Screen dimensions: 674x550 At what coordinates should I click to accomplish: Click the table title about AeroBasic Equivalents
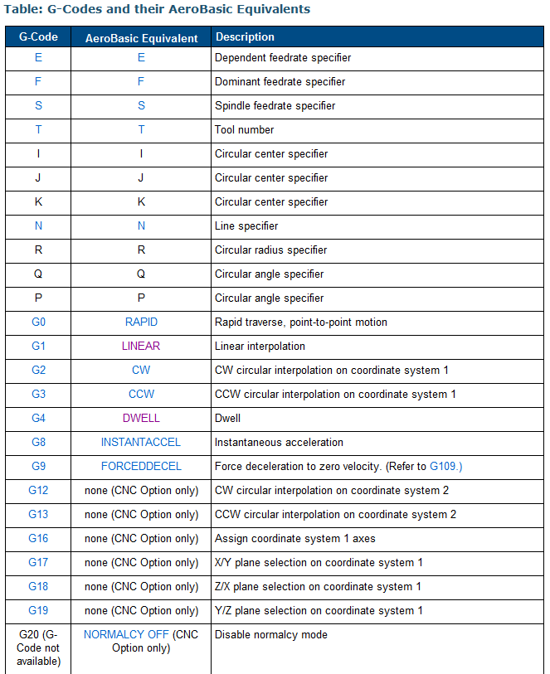coord(158,10)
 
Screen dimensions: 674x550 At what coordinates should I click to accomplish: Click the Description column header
coord(245,37)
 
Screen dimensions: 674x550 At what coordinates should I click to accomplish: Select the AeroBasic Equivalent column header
coord(141,38)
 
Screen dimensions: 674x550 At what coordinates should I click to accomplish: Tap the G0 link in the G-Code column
coord(38,322)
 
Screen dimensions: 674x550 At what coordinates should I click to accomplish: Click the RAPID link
coord(141,322)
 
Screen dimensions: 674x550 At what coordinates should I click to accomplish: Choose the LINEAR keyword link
coord(141,346)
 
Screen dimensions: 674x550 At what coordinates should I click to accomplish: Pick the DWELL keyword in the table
coord(141,418)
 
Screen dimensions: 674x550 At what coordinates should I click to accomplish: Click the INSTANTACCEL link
coord(141,442)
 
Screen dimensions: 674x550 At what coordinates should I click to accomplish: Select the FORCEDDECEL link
coord(141,466)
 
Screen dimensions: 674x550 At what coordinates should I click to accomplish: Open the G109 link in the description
coord(445,466)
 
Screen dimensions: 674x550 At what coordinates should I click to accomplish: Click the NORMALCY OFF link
coord(126,634)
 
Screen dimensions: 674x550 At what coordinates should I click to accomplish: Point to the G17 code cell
coord(38,562)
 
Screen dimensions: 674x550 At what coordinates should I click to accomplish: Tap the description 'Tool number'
coord(244,129)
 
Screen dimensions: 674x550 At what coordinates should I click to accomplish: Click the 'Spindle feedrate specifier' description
coord(275,105)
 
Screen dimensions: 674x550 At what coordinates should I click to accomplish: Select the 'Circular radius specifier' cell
coord(270,250)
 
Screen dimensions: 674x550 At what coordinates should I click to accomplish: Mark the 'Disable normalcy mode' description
coord(270,634)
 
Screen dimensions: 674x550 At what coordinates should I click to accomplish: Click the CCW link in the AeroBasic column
coord(141,394)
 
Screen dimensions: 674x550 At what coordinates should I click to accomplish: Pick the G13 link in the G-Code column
coord(38,514)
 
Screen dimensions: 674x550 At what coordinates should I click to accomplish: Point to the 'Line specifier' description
coord(246,225)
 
